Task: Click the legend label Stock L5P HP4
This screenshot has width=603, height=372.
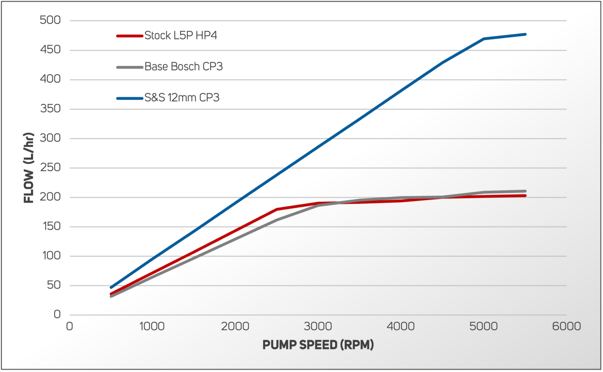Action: (180, 36)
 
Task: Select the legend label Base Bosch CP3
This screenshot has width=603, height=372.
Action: (183, 66)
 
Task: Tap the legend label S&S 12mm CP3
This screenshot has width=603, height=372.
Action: (182, 98)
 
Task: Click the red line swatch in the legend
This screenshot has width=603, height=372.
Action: (130, 36)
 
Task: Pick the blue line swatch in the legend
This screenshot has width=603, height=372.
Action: (130, 98)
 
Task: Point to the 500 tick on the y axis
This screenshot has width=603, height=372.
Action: (50, 20)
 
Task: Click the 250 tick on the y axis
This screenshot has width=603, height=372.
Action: (50, 168)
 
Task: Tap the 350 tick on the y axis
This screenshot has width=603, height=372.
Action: (50, 109)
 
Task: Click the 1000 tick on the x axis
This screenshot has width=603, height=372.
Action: (152, 326)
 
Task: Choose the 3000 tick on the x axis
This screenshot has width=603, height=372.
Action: (318, 326)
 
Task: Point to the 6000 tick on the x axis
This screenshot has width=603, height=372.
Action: (566, 326)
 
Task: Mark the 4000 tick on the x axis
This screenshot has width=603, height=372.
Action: (401, 326)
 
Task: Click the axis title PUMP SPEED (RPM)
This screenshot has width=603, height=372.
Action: (318, 345)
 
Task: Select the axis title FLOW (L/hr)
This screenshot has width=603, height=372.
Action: (28, 168)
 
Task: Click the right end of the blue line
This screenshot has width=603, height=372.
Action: (525, 34)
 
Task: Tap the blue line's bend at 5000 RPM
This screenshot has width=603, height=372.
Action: (484, 39)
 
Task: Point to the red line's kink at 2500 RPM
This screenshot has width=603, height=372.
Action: (277, 209)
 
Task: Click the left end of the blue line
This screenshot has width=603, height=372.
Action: (111, 287)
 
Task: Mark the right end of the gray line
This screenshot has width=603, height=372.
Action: (525, 191)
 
